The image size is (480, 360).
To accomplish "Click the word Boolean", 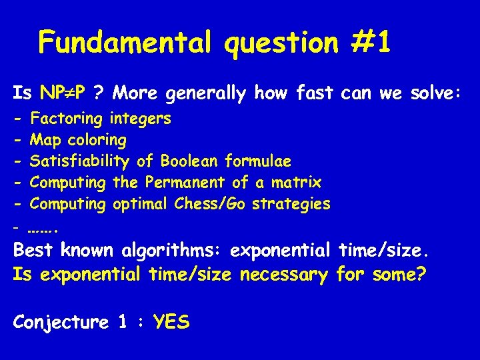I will (189, 161).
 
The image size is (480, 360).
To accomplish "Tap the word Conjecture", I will (61, 323).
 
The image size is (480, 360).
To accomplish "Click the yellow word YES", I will (171, 323).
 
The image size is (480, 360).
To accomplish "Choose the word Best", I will (33, 251).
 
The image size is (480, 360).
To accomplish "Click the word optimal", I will (141, 203).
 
